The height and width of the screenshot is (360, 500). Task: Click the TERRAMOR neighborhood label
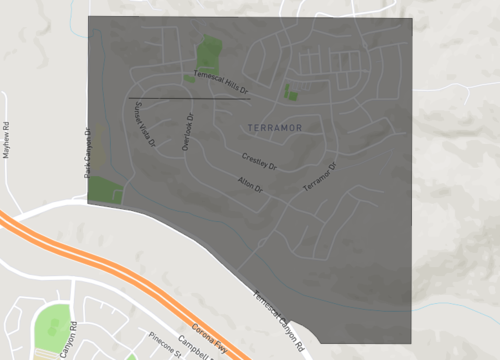273,129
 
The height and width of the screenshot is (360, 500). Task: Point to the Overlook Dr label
189,130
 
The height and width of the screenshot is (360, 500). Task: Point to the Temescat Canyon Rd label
279,319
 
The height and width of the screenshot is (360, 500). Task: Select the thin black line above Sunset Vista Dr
188,98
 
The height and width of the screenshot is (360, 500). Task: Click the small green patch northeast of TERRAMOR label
290,93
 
